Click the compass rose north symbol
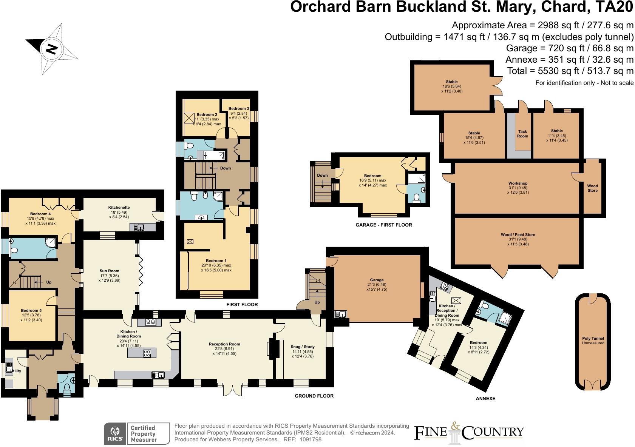tap(52, 49)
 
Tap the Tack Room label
tap(522, 134)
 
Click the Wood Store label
tap(592, 188)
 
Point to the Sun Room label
tap(109, 271)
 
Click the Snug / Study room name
tap(302, 347)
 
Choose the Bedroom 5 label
tap(31, 310)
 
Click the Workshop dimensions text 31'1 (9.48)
tap(517, 188)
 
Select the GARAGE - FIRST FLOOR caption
tap(383, 225)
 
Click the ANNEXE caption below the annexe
tap(485, 399)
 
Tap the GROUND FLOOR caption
tap(314, 396)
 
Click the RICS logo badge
tap(115, 433)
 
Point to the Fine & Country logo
tap(469, 433)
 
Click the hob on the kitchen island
tap(147, 353)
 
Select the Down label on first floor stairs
tap(225, 168)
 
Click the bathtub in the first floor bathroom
tap(214, 155)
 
